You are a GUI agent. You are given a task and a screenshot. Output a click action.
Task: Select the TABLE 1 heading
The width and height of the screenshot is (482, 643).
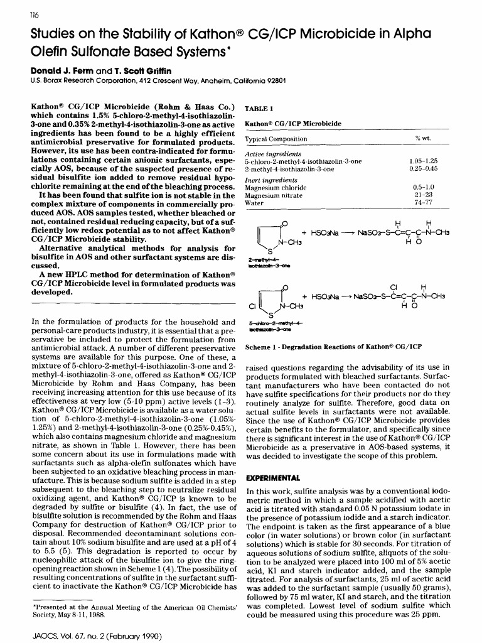click(x=259, y=108)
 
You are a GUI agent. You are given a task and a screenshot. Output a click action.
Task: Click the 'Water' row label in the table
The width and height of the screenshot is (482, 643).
click(x=254, y=203)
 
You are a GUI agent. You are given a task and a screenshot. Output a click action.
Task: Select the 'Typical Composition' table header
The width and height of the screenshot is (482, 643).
click(x=276, y=139)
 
